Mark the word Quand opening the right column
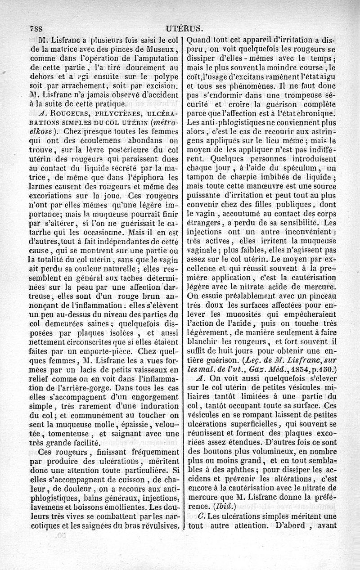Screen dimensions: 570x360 point(201,39)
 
